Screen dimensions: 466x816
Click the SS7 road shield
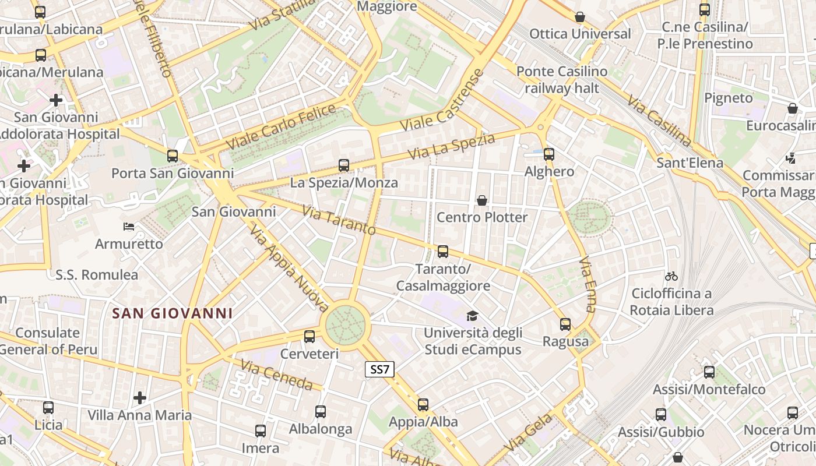pyautogui.click(x=380, y=369)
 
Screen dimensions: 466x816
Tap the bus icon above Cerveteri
pyautogui.click(x=309, y=336)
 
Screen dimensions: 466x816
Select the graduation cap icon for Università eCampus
pyautogui.click(x=472, y=316)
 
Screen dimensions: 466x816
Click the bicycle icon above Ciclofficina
pyautogui.click(x=671, y=276)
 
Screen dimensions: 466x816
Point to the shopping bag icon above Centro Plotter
pyautogui.click(x=482, y=201)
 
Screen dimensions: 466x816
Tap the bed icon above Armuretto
pyautogui.click(x=129, y=226)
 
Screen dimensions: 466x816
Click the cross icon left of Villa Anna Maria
pyautogui.click(x=140, y=398)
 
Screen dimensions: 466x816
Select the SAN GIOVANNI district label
pyautogui.click(x=173, y=313)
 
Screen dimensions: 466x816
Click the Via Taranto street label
pyautogui.click(x=339, y=220)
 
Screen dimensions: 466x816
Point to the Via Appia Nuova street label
pyautogui.click(x=289, y=268)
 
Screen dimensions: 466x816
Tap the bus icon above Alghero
pyautogui.click(x=548, y=154)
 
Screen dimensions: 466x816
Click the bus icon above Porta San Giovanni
pyautogui.click(x=172, y=156)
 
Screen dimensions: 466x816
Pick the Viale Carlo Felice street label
pyautogui.click(x=281, y=126)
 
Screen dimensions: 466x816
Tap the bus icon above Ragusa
pyautogui.click(x=565, y=324)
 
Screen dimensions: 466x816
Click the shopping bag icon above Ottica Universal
pyautogui.click(x=580, y=17)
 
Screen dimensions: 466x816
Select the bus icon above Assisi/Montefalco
pyautogui.click(x=709, y=372)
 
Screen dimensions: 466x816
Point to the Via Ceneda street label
pyautogui.click(x=277, y=375)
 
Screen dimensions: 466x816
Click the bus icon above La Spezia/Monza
pyautogui.click(x=344, y=165)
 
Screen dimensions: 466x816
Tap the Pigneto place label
pyautogui.click(x=729, y=98)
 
